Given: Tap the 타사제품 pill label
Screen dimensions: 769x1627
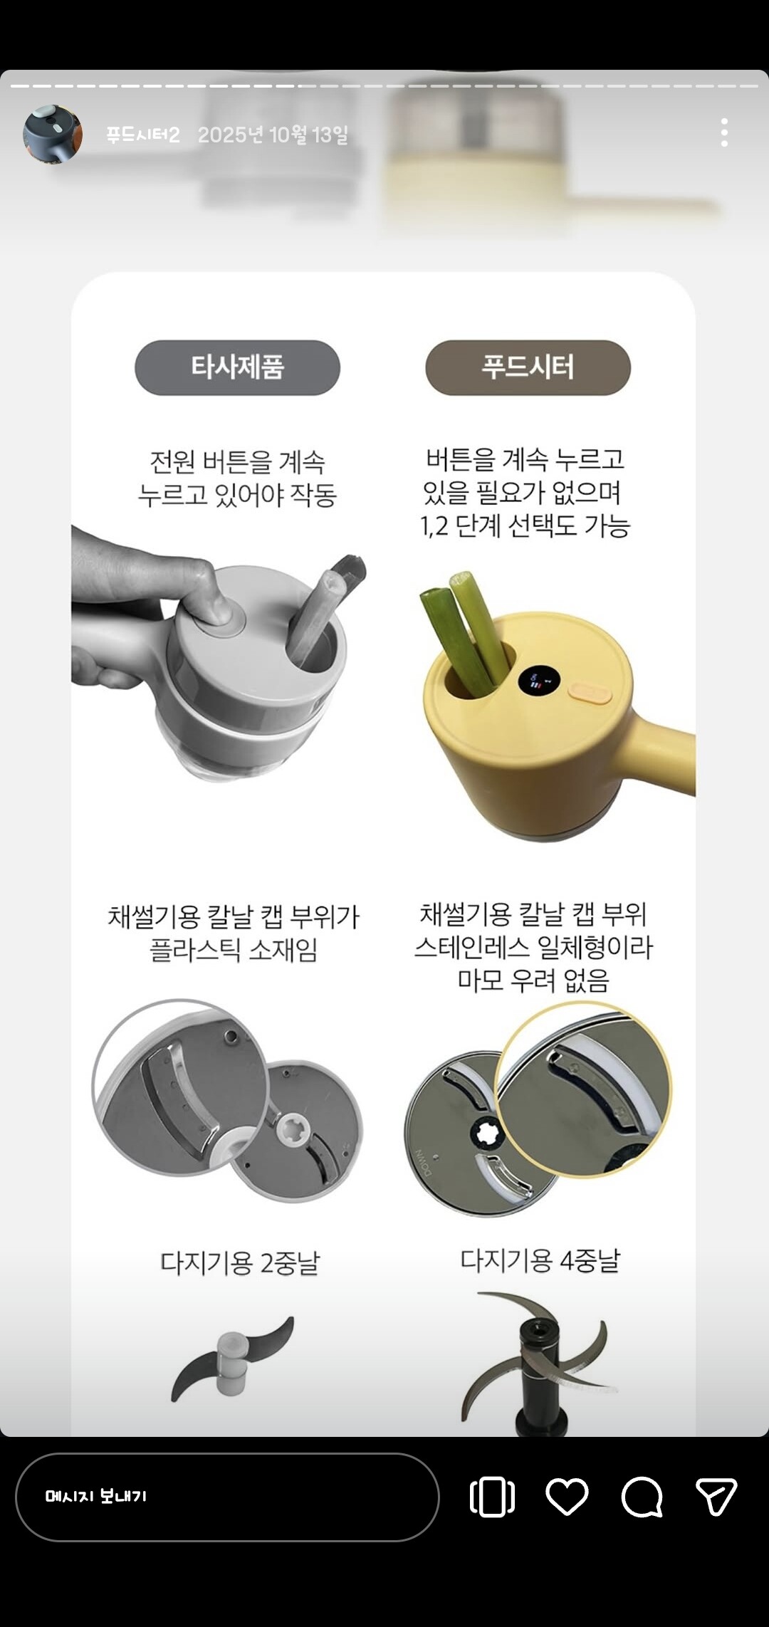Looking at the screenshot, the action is [x=237, y=367].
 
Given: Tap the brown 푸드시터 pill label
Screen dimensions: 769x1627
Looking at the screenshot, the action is [x=528, y=367].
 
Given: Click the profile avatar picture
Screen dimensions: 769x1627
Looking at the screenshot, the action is [x=52, y=134].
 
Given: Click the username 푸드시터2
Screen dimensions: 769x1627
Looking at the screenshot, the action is [x=142, y=135].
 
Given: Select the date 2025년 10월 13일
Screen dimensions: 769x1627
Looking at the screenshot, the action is [x=273, y=135].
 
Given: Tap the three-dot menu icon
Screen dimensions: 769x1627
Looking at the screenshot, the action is [x=724, y=133].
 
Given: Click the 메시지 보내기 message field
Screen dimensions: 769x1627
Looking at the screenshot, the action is [x=227, y=1497].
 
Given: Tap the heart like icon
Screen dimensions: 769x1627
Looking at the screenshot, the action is [x=567, y=1496].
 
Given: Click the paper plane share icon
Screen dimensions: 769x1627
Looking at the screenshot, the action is [x=716, y=1496].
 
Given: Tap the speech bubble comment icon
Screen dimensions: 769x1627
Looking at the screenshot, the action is [x=642, y=1497].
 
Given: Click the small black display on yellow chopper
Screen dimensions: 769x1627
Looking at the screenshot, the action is [x=538, y=680].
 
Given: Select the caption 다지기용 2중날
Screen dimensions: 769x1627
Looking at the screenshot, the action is [x=240, y=1263].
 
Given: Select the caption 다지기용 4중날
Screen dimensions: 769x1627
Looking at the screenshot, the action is [x=540, y=1261].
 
